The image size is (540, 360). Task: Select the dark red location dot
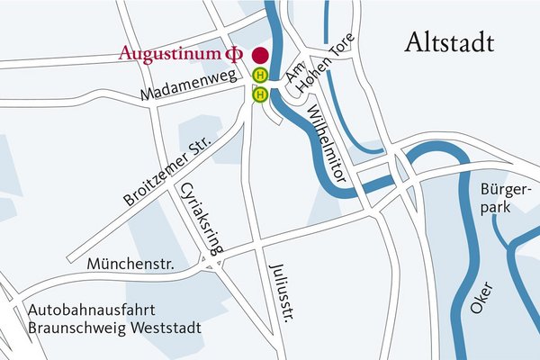[x=260, y=55]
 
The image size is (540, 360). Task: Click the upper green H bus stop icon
[x=260, y=76]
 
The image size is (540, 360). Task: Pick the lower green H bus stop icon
[x=260, y=94]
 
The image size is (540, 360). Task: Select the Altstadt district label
[x=453, y=41]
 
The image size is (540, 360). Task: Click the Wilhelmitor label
[x=326, y=145]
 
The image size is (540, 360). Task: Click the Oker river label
[x=480, y=297]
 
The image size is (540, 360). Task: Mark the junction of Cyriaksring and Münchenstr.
[x=213, y=261]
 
